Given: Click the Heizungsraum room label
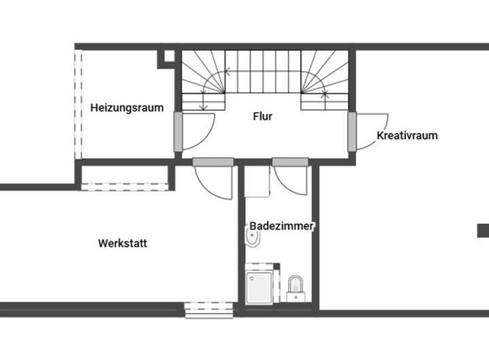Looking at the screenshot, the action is point(127,107).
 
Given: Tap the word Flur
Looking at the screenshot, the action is point(263,116).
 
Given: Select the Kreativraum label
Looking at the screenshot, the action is point(407,135).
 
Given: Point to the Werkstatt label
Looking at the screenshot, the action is point(122,243).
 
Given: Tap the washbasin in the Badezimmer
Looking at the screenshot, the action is point(252,238).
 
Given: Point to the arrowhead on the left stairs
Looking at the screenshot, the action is point(203,107).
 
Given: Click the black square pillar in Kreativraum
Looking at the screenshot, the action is point(483,230).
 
